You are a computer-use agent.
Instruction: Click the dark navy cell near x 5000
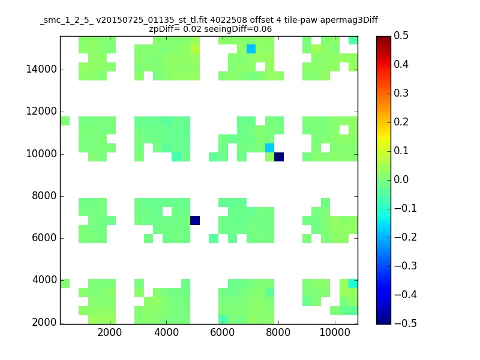(195, 220)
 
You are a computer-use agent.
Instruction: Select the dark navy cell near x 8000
(279, 157)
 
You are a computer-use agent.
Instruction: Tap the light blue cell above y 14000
(251, 49)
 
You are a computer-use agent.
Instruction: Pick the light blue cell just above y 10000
(269, 148)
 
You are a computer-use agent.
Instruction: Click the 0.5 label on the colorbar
(401, 35)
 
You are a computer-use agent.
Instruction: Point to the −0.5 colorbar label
(406, 323)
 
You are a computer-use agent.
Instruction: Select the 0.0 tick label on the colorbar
(401, 179)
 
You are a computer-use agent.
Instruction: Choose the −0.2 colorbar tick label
(406, 237)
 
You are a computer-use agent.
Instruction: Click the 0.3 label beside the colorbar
(401, 93)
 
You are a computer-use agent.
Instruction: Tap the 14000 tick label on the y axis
(41, 69)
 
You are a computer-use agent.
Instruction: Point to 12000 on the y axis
(41, 111)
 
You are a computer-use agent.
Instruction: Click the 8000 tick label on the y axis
(44, 196)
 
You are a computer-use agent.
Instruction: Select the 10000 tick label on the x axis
(335, 332)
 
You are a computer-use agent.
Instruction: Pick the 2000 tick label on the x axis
(110, 332)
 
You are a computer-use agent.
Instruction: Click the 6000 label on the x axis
(222, 332)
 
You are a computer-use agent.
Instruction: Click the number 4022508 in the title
(229, 20)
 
